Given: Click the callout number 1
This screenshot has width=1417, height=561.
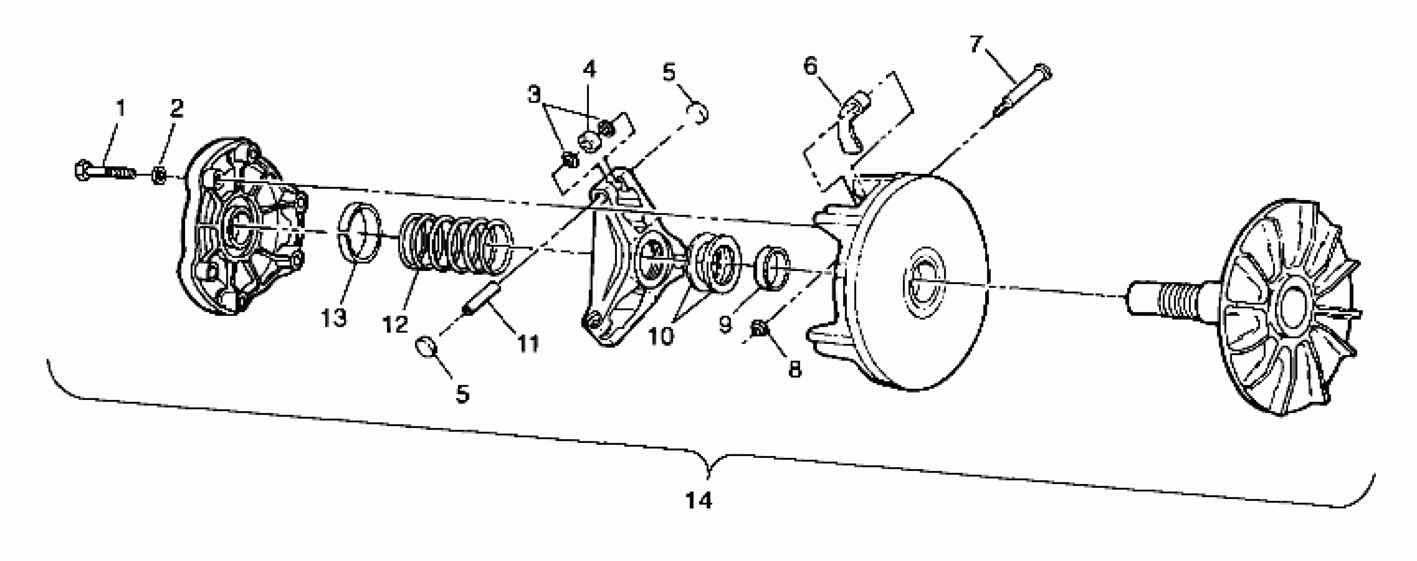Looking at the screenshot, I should (x=120, y=108).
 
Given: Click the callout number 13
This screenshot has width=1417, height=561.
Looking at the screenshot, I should (x=334, y=317).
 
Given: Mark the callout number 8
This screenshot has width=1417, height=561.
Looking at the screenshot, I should (x=795, y=369).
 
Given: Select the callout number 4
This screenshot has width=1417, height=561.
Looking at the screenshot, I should (x=589, y=70).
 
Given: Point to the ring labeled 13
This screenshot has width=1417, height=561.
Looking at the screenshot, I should (x=359, y=230).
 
